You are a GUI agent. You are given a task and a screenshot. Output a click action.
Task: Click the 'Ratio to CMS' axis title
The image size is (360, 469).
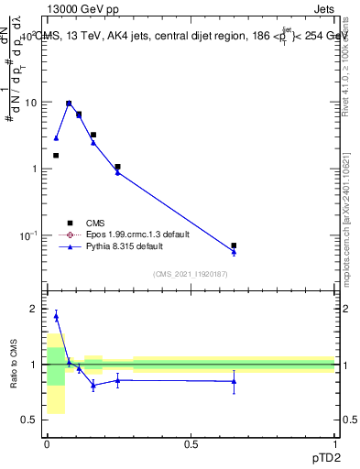point(15,365)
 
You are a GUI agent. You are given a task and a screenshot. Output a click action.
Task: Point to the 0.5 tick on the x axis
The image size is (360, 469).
point(191,443)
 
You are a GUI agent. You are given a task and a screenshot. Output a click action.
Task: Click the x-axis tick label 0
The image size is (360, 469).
point(47,443)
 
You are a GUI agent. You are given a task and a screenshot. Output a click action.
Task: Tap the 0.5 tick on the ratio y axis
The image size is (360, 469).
point(29,420)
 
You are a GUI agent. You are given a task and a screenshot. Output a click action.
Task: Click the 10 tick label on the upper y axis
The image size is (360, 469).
point(30,103)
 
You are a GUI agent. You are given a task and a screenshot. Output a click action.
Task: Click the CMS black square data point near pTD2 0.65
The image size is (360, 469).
point(234,245)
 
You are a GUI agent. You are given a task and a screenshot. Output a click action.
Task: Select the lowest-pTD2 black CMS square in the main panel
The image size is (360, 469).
point(56,156)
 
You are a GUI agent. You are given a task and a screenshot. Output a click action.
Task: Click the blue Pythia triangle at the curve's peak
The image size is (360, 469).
point(69,104)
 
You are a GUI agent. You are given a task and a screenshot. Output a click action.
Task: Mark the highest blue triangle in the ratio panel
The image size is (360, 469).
point(56,316)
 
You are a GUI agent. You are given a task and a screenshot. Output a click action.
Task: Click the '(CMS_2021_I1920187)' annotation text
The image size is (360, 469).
point(191,274)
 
